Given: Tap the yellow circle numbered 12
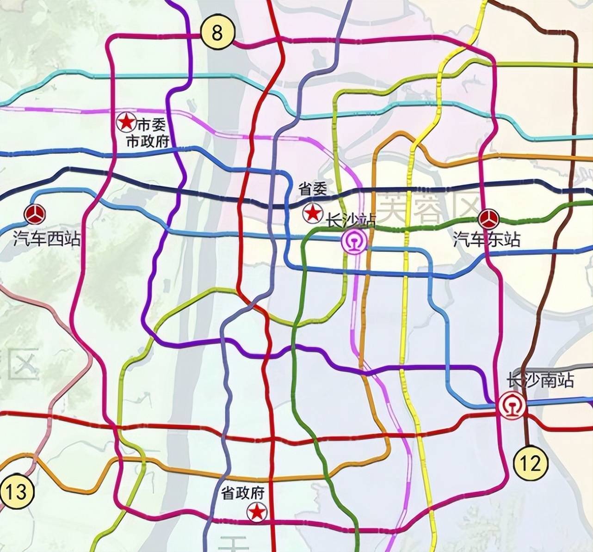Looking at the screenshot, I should (x=531, y=463).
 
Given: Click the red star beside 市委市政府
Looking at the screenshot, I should (x=125, y=122).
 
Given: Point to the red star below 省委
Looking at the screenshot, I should (x=313, y=213).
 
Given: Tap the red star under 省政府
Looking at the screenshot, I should (x=257, y=512).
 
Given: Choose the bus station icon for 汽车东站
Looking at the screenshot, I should (x=488, y=219).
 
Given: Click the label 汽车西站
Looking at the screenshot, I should (x=47, y=239).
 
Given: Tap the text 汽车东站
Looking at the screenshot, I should (x=487, y=239).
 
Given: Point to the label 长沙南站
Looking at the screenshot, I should (x=541, y=380).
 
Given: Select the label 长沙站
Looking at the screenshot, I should (x=351, y=221).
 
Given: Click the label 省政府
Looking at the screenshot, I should (x=243, y=493).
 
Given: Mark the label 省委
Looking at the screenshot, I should (x=313, y=189).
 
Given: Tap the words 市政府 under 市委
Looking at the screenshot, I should (x=148, y=141).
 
